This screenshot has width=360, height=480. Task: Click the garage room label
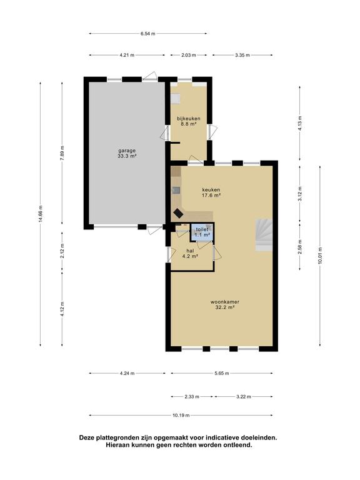(x=127, y=153)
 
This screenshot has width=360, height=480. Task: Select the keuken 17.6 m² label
(x=211, y=192)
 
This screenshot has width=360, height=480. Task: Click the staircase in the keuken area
(x=263, y=234)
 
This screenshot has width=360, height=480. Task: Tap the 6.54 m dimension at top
(x=147, y=34)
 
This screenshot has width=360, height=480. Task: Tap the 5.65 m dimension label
(x=221, y=373)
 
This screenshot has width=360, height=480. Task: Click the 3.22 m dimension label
(x=243, y=396)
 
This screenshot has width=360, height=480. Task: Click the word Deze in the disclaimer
(x=89, y=438)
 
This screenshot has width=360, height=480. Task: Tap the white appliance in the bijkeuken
(x=176, y=98)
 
